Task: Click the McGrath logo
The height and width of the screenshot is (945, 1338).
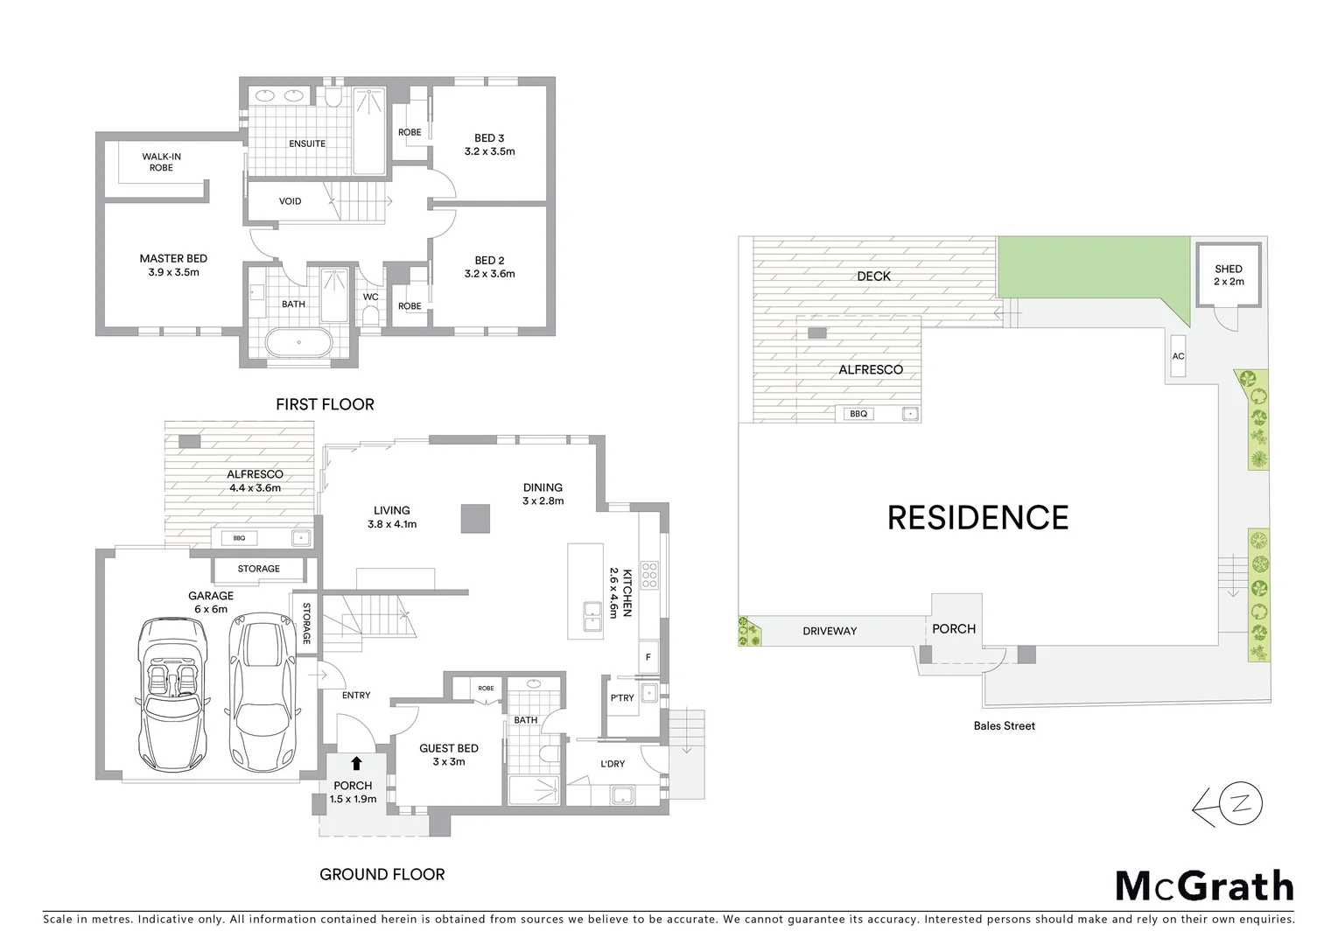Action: (1204, 886)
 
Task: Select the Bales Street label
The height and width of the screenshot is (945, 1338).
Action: (1004, 725)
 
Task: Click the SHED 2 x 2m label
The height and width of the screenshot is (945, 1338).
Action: (1228, 275)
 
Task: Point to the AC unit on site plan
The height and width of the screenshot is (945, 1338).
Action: (1178, 356)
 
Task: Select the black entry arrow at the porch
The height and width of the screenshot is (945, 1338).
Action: (356, 763)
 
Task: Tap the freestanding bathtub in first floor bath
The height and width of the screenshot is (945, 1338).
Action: (298, 343)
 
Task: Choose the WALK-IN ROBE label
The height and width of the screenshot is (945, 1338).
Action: (161, 162)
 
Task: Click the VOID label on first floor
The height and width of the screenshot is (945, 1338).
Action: (290, 201)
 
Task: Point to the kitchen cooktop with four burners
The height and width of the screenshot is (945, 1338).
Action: (649, 575)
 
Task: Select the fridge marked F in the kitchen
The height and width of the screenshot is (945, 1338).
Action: (648, 657)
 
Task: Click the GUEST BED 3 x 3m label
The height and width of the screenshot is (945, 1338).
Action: (448, 754)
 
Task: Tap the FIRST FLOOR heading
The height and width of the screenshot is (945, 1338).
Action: (325, 404)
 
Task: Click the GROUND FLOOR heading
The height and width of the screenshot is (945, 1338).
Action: (382, 874)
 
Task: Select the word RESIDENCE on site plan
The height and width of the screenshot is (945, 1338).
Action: (977, 518)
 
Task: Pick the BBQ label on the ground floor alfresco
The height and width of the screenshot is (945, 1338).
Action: (239, 538)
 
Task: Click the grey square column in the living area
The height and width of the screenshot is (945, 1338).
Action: (476, 518)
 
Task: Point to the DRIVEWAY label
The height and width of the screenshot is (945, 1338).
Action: (830, 631)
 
